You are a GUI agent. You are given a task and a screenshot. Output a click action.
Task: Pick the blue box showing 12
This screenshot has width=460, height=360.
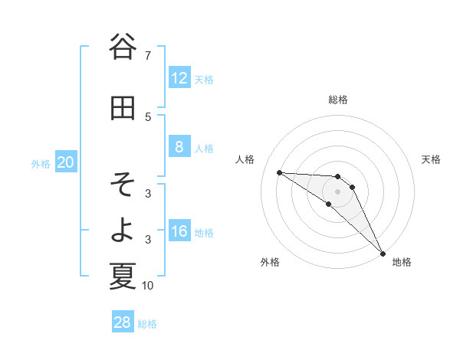[x=179, y=78]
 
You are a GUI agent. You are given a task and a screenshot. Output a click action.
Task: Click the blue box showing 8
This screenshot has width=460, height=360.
[x=179, y=147]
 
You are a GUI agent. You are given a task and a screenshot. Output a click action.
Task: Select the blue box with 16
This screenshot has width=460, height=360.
[x=179, y=231]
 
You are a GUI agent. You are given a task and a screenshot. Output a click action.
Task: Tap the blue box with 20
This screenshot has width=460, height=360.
[x=66, y=162]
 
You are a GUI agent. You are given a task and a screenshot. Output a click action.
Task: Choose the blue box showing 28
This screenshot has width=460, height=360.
[x=123, y=322]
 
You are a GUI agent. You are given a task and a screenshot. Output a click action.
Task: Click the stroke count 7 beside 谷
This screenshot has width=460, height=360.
[x=147, y=56]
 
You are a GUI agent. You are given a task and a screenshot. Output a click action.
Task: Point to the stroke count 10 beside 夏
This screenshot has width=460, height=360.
[x=148, y=286]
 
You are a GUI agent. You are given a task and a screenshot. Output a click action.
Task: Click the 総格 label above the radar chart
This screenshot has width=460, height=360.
[x=338, y=100]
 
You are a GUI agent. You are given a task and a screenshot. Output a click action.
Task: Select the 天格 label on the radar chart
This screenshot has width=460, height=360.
[x=431, y=159]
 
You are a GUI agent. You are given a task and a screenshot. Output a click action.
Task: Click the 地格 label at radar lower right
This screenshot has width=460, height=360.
[x=402, y=262]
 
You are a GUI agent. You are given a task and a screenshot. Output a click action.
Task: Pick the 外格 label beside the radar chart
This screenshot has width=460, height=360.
[x=270, y=262]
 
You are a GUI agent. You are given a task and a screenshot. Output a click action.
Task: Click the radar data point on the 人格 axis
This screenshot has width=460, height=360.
[x=279, y=172]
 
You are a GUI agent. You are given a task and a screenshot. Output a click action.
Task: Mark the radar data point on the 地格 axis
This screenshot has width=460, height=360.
[x=383, y=253]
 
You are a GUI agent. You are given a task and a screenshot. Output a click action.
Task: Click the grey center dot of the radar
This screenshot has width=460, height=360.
[x=338, y=191]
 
